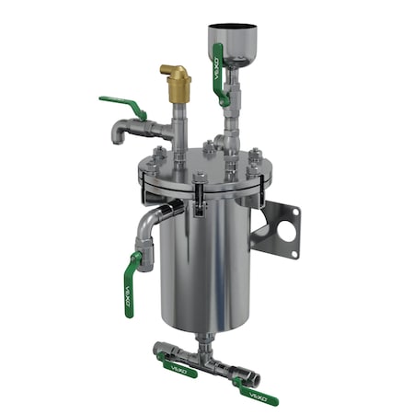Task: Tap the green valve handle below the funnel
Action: [218, 74]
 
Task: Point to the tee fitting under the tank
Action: [201, 355]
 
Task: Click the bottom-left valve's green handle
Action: [179, 367]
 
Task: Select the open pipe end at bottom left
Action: [158, 350]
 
